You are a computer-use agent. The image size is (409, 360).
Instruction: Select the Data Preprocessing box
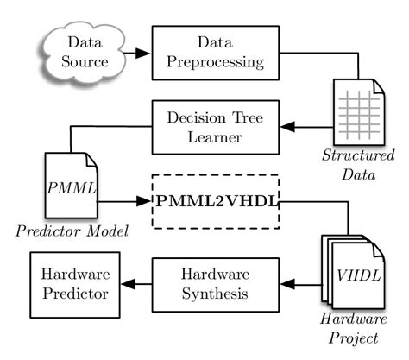pyautogui.click(x=215, y=53)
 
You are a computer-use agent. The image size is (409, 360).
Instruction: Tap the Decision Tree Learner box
pyautogui.click(x=215, y=127)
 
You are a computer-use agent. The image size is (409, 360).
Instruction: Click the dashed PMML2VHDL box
pyautogui.click(x=216, y=202)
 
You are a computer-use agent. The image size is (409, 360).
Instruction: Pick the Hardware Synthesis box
pyautogui.click(x=215, y=281)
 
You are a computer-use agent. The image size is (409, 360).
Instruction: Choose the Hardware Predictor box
pyautogui.click(x=72, y=281)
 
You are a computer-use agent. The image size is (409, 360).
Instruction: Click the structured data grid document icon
pyautogui.click(x=356, y=112)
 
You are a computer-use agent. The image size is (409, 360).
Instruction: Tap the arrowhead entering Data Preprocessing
pyautogui.click(x=144, y=53)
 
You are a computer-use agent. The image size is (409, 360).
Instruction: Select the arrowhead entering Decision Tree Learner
pyautogui.click(x=287, y=127)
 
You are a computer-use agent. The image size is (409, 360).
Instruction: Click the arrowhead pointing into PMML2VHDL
pyautogui.click(x=144, y=202)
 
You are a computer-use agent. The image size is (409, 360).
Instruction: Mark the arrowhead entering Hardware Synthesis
pyautogui.click(x=287, y=281)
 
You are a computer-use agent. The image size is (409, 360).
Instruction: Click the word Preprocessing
pyautogui.click(x=215, y=62)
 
